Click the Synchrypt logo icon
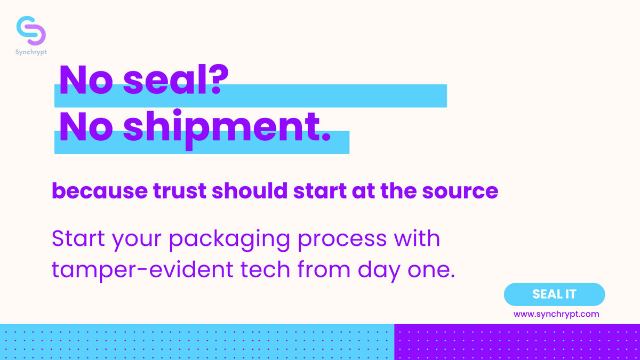click(31, 30)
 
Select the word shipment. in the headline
click(227, 128)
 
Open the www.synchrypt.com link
click(556, 314)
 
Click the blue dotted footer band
click(197, 342)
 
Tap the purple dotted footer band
click(517, 342)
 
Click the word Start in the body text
click(78, 238)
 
